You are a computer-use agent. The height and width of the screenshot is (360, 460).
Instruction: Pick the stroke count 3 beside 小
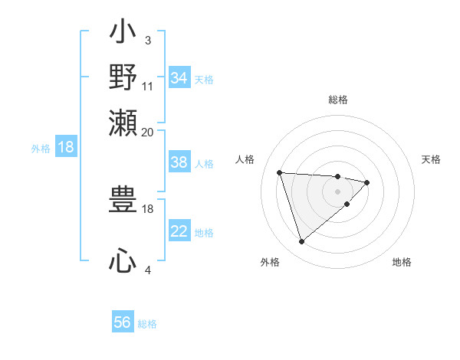click(x=148, y=40)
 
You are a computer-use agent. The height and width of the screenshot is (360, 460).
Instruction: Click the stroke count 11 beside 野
click(x=148, y=86)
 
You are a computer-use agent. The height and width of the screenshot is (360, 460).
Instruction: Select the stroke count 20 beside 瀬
click(x=148, y=132)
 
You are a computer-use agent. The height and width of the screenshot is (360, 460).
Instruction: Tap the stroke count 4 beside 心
click(x=148, y=270)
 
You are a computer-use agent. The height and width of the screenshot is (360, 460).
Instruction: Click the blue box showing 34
click(x=179, y=78)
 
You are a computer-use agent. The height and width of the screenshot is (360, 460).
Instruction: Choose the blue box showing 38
click(x=179, y=162)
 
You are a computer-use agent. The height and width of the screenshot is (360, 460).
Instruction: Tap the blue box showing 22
click(x=179, y=231)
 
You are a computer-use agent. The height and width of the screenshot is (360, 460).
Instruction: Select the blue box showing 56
click(x=123, y=322)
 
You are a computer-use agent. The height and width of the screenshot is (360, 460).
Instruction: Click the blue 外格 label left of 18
click(x=41, y=148)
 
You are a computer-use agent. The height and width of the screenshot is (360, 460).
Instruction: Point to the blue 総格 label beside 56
click(x=147, y=324)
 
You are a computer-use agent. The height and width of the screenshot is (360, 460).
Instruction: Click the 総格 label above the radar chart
click(x=338, y=100)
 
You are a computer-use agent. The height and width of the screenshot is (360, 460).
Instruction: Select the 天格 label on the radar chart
click(x=432, y=159)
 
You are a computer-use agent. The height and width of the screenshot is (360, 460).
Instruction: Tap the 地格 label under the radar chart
click(x=402, y=262)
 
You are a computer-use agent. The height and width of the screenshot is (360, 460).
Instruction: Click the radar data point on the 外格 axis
click(x=301, y=242)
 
